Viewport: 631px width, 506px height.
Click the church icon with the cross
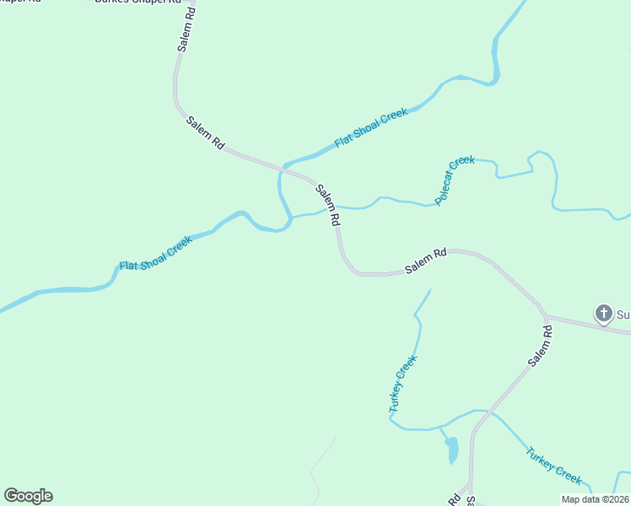(603, 315)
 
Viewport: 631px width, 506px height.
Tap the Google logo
(28, 496)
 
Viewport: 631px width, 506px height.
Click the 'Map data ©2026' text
(595, 499)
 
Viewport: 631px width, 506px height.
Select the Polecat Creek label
(455, 180)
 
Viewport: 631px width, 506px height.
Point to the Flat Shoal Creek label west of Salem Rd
(156, 252)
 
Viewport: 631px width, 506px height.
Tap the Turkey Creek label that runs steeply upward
(403, 385)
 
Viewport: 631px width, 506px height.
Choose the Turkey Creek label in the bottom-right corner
(553, 465)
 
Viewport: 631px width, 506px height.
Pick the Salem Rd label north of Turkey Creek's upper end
(425, 261)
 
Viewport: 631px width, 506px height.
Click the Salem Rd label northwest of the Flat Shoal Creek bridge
(205, 133)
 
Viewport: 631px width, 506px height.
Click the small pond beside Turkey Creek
(451, 449)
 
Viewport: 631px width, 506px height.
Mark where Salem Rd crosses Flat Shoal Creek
(281, 166)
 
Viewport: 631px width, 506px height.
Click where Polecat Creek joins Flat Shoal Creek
(292, 218)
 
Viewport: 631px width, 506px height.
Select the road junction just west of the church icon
(546, 316)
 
